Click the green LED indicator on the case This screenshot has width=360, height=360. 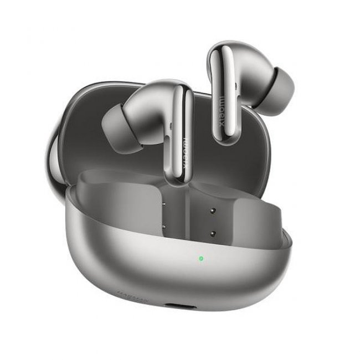pyautogui.click(x=199, y=258)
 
